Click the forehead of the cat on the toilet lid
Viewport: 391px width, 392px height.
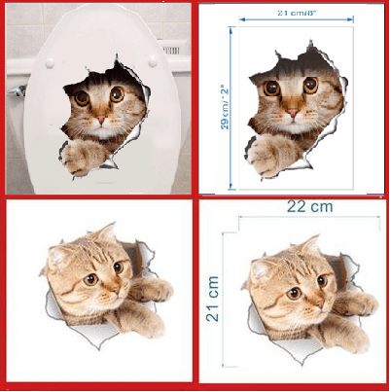99,83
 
